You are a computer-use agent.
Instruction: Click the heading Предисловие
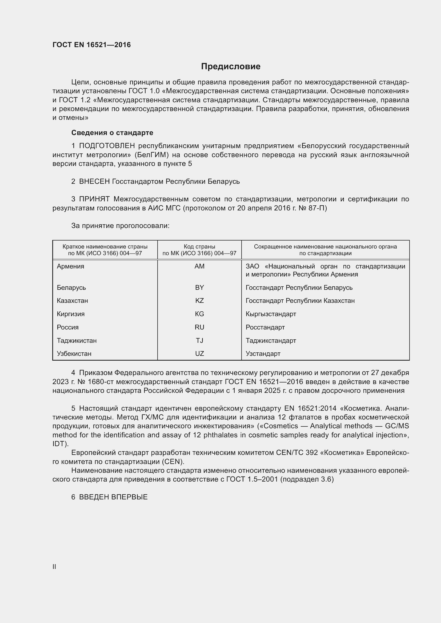(x=231, y=67)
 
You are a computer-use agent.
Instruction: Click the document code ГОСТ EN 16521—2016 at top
(x=91, y=45)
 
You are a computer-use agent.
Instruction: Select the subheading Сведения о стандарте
(x=112, y=133)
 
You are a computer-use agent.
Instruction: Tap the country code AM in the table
(x=199, y=266)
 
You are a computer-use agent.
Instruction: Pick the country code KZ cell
(x=199, y=301)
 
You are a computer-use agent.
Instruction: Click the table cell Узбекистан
(x=74, y=353)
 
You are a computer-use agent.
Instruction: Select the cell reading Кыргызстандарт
(x=271, y=314)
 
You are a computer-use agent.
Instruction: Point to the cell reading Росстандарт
(x=265, y=327)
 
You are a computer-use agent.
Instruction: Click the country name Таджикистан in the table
(x=77, y=341)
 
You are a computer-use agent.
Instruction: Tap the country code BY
(x=199, y=288)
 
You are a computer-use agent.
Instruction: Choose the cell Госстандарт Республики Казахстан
(x=300, y=301)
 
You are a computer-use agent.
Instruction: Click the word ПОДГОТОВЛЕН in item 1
(x=107, y=146)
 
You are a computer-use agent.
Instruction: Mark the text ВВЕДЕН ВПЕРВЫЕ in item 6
(x=113, y=497)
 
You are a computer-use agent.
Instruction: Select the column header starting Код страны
(x=199, y=250)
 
